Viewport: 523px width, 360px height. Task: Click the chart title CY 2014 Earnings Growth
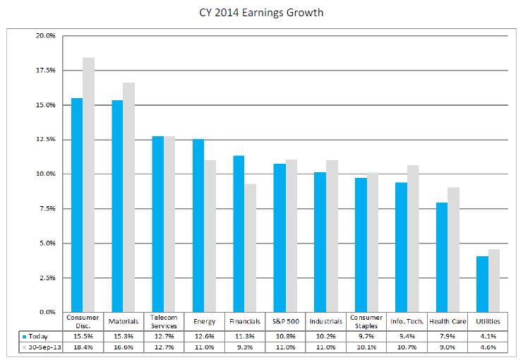pos(261,13)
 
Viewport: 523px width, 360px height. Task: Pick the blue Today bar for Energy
pos(198,225)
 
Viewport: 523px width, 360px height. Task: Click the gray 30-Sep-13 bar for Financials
pos(250,248)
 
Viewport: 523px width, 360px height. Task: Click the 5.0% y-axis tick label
pos(47,244)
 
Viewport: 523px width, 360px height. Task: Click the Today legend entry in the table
pos(38,337)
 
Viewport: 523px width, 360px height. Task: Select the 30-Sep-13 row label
pos(42,347)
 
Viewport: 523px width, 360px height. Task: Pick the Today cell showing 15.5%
pos(83,337)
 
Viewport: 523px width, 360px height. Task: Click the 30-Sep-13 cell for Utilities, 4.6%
pos(488,347)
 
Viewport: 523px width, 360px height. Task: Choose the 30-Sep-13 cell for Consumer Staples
pos(366,347)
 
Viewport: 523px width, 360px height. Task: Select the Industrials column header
pos(325,322)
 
